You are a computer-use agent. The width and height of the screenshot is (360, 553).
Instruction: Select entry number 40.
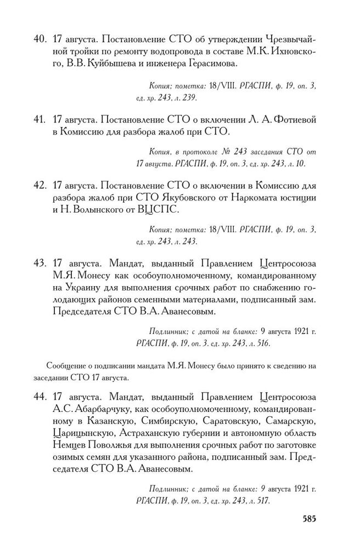coord(39,40)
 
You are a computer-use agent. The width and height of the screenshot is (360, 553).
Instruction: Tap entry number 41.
coord(39,119)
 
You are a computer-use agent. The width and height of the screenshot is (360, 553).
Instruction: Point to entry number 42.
coord(39,186)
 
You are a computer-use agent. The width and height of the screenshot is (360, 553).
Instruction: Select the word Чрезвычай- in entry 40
coord(288,40)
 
